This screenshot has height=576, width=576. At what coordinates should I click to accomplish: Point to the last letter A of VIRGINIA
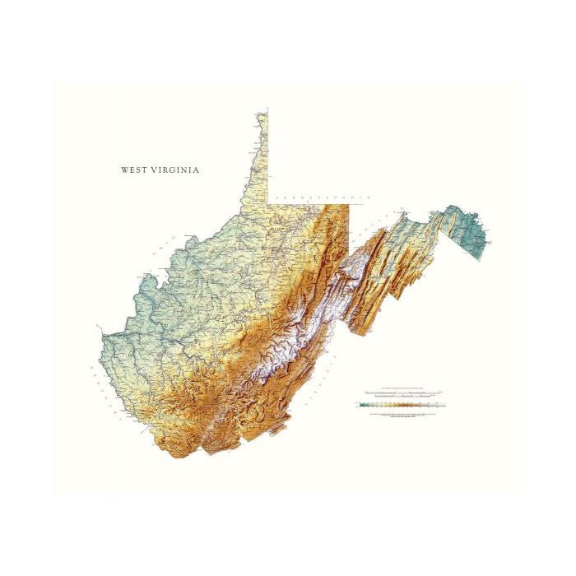[x=197, y=170]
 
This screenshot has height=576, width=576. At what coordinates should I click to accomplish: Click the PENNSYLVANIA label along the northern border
[x=323, y=198]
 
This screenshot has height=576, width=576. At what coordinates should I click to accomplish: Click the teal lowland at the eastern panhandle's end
[x=473, y=235]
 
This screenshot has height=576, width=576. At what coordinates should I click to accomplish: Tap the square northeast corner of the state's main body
[x=349, y=204]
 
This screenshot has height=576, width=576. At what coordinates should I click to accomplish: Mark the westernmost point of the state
[x=100, y=335]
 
